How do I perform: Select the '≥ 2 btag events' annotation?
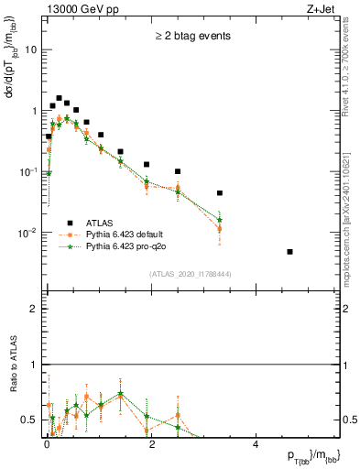(191, 37)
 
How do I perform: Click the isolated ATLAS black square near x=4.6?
(289, 252)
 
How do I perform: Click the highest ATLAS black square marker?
(59, 98)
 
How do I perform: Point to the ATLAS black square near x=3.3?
(220, 193)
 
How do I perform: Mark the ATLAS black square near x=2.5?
(178, 171)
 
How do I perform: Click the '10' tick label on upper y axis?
(30, 49)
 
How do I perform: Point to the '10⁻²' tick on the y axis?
(28, 233)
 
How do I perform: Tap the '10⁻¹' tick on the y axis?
(28, 171)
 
